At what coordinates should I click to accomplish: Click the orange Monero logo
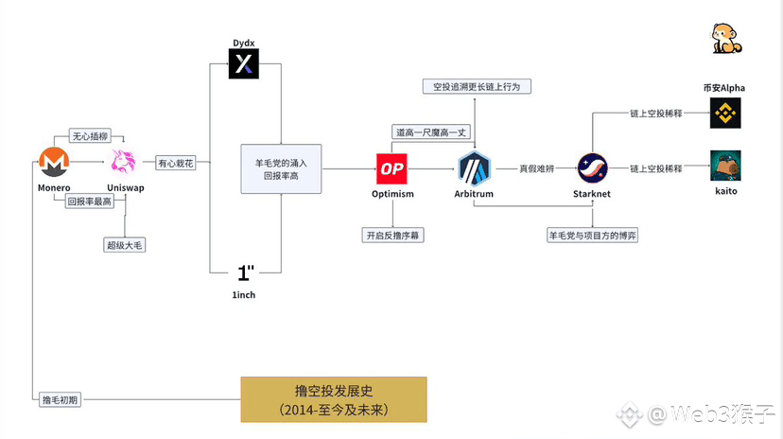(54, 163)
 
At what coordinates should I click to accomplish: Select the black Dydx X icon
(244, 64)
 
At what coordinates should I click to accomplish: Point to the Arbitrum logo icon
(474, 167)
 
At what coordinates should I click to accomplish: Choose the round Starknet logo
(593, 167)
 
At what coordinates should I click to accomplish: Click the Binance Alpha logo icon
(724, 113)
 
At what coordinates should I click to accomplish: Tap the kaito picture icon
(724, 166)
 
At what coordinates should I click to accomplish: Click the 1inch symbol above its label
(245, 273)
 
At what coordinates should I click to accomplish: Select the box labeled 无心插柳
(91, 135)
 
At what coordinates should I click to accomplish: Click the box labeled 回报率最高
(89, 202)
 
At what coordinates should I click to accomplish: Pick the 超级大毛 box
(127, 245)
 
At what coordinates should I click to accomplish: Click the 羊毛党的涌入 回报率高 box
(281, 168)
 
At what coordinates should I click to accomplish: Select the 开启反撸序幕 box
(393, 234)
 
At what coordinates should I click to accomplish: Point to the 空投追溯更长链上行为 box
(476, 86)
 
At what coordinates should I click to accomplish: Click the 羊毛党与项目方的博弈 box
(593, 234)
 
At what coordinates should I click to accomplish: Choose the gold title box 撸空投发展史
(334, 399)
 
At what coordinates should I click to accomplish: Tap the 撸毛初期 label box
(61, 398)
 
